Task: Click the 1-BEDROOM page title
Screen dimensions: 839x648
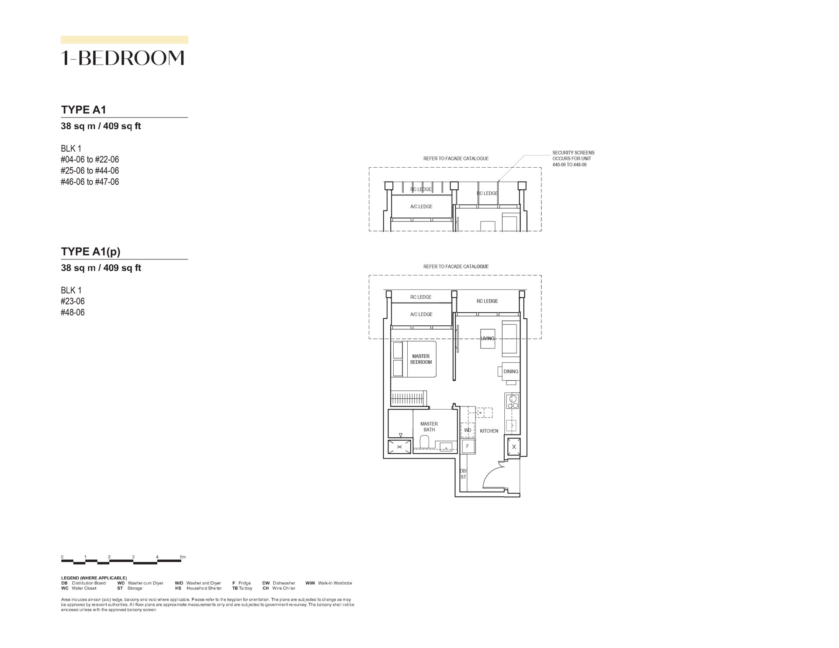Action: coord(123,58)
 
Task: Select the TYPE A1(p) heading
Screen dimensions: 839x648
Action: coord(91,252)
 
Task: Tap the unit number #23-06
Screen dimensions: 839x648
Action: coord(73,301)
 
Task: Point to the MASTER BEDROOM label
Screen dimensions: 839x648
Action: coord(421,359)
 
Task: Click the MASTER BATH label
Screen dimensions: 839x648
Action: coord(429,427)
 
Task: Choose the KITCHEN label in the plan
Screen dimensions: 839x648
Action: coord(489,431)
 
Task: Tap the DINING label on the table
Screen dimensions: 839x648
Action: coord(511,372)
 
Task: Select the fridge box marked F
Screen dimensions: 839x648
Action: coord(468,446)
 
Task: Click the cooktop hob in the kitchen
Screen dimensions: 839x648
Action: coord(512,401)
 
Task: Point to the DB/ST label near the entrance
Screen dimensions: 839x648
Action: coord(463,474)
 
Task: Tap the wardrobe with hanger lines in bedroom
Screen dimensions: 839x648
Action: coord(409,398)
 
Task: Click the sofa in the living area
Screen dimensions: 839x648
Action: coord(511,338)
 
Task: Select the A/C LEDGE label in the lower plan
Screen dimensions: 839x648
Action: coord(421,314)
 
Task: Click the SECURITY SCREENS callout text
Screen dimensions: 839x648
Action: coord(573,159)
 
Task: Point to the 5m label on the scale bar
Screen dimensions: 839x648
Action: coord(183,557)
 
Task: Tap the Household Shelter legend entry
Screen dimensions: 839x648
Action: coord(198,588)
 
